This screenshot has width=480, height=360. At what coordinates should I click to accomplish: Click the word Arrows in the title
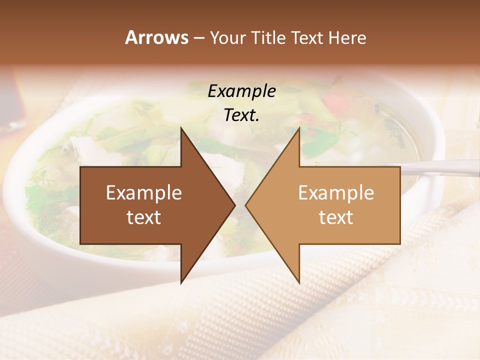[x=156, y=37]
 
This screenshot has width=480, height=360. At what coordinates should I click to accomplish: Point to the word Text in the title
[x=308, y=37]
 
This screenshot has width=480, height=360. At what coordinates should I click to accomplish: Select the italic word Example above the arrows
[x=241, y=91]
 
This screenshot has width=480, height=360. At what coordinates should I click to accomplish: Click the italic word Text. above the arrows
[x=241, y=115]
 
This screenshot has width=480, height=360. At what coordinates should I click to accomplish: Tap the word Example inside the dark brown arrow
[x=144, y=193]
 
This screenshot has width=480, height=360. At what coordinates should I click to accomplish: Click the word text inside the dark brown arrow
[x=144, y=217]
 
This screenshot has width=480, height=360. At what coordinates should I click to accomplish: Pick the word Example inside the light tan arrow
[x=336, y=193]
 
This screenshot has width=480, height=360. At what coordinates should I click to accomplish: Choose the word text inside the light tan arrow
[x=336, y=217]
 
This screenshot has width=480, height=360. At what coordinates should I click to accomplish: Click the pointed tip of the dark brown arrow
[x=234, y=205]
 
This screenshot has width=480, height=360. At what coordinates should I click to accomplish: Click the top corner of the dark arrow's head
[x=181, y=128]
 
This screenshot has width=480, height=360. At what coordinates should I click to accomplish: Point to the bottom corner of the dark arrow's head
[x=181, y=282]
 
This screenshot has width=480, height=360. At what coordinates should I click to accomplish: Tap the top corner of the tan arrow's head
[x=299, y=128]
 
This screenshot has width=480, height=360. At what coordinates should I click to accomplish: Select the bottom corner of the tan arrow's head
[x=299, y=282]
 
